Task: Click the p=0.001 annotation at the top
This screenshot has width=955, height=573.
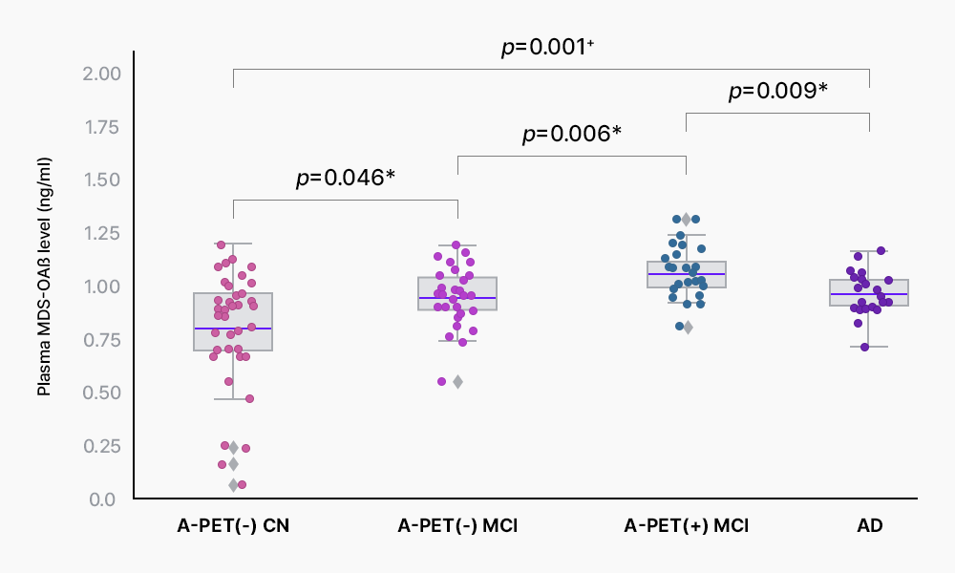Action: (549, 48)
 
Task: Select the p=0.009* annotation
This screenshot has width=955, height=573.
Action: (777, 91)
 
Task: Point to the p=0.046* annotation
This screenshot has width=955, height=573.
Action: (345, 178)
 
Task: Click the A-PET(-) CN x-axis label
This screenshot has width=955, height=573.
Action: (233, 526)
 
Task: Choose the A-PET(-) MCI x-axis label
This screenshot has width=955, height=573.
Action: (457, 526)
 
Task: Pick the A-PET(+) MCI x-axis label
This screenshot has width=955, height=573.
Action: (686, 526)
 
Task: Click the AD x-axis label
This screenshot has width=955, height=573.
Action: (869, 526)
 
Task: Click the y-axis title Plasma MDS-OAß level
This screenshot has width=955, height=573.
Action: (44, 287)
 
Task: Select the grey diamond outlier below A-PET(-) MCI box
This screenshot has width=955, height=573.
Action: (457, 382)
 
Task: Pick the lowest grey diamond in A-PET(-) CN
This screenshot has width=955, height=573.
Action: (233, 485)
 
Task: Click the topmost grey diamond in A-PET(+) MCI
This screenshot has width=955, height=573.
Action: (686, 220)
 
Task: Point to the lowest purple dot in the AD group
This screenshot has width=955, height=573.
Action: (864, 347)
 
